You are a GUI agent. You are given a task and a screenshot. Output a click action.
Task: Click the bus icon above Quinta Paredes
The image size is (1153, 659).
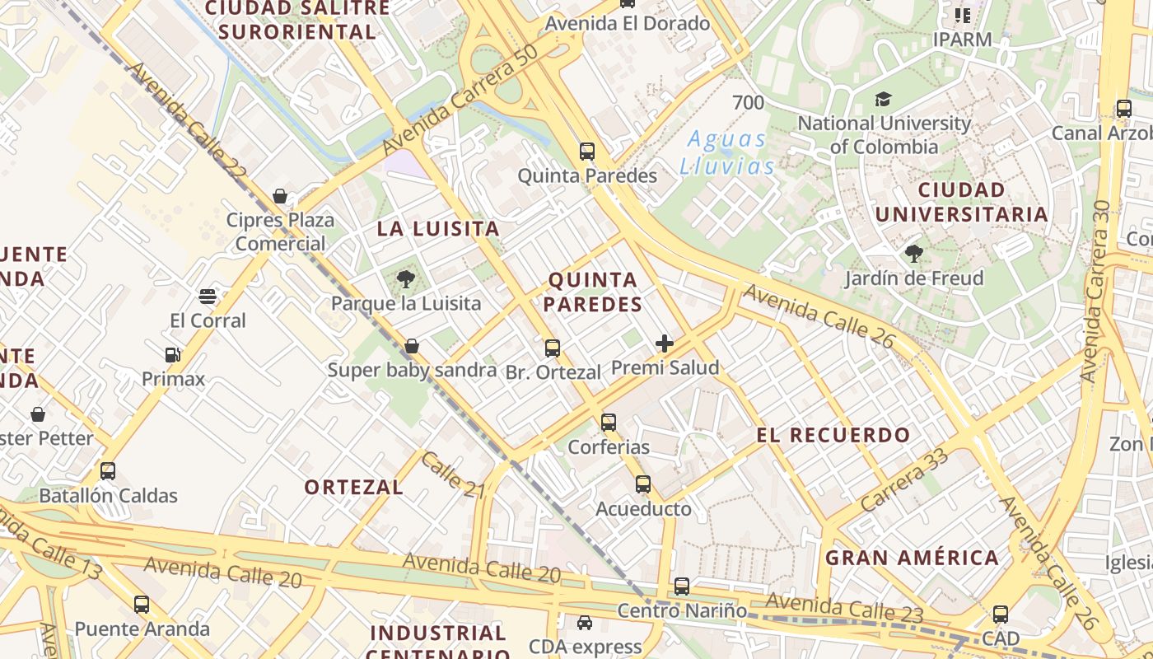pos(587,152)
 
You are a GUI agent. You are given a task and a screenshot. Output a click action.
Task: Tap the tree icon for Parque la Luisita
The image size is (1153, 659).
pos(405,280)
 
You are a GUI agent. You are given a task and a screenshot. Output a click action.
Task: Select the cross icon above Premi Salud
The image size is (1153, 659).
pos(665,344)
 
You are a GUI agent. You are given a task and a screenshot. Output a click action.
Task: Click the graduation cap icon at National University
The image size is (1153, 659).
pos(883,100)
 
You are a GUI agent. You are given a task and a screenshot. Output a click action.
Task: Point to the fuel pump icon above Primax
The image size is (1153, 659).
pos(173,355)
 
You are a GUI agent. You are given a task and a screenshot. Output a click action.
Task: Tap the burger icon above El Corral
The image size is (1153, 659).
pos(208,297)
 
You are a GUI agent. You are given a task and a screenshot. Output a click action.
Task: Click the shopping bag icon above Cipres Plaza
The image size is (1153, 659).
pos(280,196)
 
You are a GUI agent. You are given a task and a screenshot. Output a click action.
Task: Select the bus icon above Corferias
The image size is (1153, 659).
pos(609,423)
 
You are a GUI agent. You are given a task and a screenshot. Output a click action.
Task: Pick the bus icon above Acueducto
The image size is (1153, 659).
pos(643,484)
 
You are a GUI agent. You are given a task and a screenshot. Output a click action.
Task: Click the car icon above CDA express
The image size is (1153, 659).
pos(585,623)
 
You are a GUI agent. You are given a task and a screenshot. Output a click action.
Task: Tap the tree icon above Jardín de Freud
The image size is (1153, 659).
pos(913,254)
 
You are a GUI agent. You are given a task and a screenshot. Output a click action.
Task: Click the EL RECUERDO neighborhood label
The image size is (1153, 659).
pos(833,435)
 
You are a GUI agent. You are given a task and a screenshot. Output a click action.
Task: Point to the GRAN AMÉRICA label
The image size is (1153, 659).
pos(912,558)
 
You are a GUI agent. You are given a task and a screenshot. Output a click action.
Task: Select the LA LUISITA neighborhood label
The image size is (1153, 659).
pos(438,229)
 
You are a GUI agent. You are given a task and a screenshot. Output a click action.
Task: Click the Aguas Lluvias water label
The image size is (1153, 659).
pos(727,152)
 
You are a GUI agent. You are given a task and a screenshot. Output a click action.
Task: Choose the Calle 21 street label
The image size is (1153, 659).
pos(452,474)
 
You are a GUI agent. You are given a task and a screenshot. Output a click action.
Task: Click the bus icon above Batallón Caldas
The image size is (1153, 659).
pos(108,471)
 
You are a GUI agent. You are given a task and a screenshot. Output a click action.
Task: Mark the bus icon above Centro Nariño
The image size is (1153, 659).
pos(682,587)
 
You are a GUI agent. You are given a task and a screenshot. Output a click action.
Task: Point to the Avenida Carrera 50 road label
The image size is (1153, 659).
pos(460,99)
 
